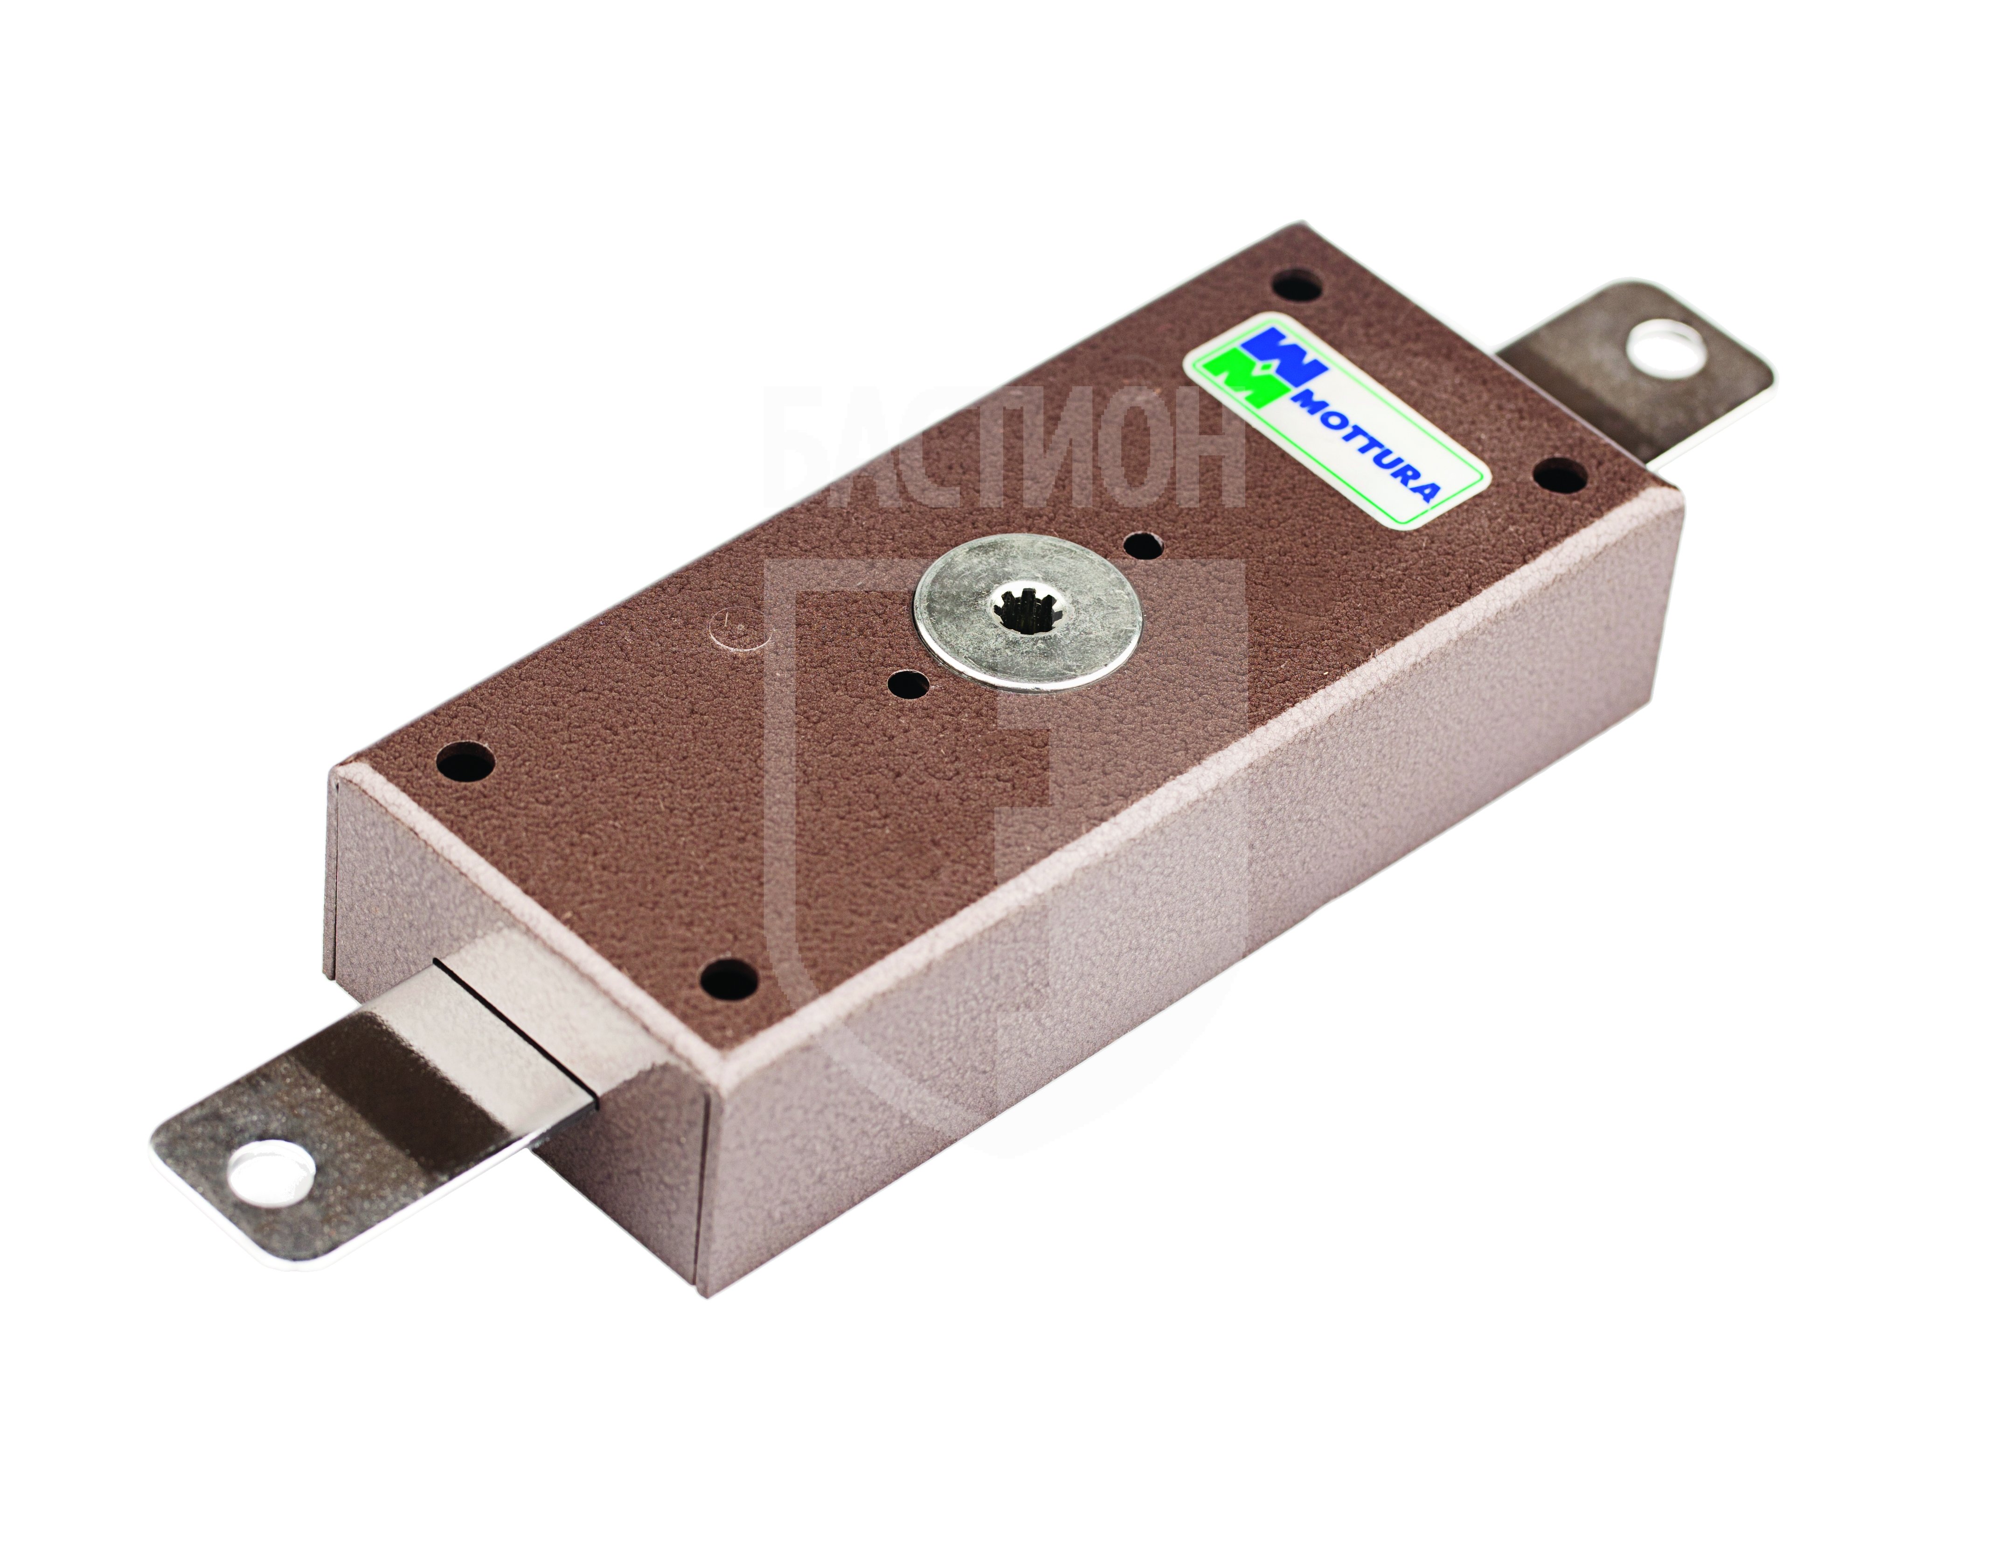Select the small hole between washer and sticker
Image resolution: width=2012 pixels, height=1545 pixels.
[1143, 544]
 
